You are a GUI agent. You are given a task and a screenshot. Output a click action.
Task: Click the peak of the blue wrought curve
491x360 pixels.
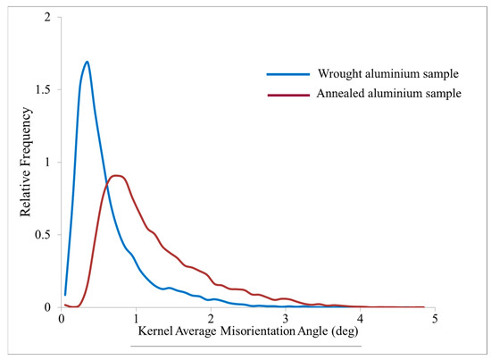click(x=87, y=62)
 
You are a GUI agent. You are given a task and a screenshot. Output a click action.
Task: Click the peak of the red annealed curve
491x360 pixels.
click(x=116, y=175)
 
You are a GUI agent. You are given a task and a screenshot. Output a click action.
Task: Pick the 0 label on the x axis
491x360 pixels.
click(x=61, y=318)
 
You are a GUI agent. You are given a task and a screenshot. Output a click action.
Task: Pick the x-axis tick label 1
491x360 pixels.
click(x=136, y=318)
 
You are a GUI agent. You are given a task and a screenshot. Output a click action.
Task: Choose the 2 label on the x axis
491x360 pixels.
click(x=211, y=318)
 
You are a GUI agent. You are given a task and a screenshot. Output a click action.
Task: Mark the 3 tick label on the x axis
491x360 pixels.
click(x=285, y=318)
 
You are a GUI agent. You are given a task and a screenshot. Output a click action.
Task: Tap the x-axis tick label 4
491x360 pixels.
click(x=360, y=318)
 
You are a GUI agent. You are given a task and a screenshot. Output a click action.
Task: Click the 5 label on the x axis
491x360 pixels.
click(x=434, y=318)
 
